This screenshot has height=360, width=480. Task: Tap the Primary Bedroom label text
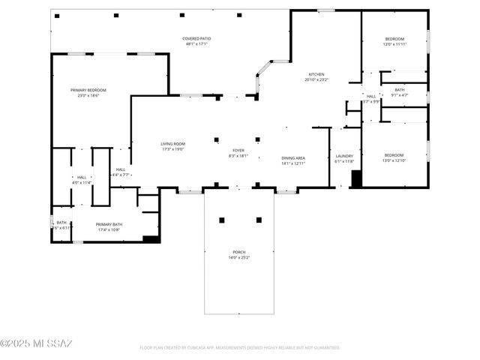tap(88, 89)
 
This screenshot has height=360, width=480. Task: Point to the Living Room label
tap(172, 144)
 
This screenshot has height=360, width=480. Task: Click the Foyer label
tap(238, 150)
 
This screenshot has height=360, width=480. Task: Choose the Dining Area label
tap(293, 157)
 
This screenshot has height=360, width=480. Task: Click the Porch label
tap(239, 252)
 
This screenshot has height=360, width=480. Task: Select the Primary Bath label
tap(109, 224)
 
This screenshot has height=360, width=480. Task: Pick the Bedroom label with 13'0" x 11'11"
tap(394, 39)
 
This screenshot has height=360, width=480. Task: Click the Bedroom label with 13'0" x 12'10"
tap(394, 155)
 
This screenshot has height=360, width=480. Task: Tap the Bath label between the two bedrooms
tap(400, 89)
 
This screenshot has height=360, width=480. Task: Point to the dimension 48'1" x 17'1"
tap(196, 44)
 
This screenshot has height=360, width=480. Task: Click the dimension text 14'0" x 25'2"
tap(239, 258)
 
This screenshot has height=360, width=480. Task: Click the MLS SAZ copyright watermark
tap(36, 343)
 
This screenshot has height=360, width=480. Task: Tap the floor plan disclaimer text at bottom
tap(239, 348)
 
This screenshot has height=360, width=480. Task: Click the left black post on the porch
tap(222, 220)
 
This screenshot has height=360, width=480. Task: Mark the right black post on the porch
tap(259, 220)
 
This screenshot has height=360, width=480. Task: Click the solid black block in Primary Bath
tap(151, 239)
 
